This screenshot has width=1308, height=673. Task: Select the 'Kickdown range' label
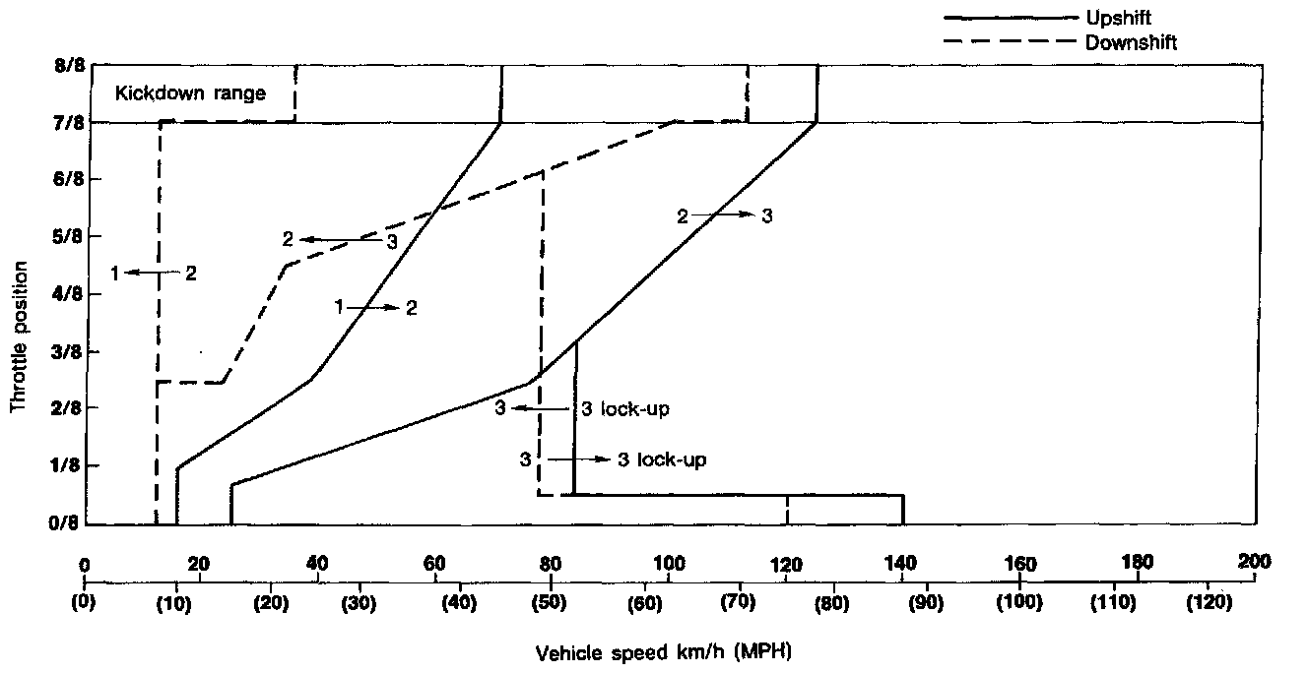[x=190, y=94]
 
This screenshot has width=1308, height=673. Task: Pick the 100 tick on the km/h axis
[x=669, y=564]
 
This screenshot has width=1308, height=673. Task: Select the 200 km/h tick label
[x=1255, y=562]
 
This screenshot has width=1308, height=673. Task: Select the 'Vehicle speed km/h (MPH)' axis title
[x=664, y=651]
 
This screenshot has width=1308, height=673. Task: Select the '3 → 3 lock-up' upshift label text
[x=614, y=459]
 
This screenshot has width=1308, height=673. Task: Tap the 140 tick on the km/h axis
[x=901, y=564]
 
